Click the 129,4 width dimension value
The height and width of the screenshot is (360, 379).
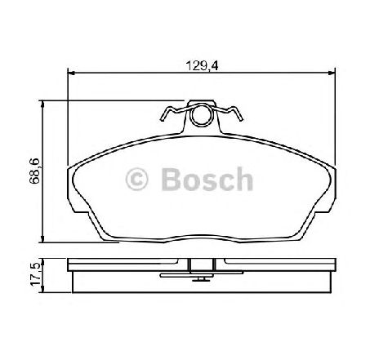(x=202, y=66)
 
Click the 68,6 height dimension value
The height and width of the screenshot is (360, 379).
(x=35, y=171)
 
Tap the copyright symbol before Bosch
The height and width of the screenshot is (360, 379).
(x=136, y=179)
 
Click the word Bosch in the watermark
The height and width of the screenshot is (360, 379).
(x=207, y=179)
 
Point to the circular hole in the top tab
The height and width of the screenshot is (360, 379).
(x=202, y=116)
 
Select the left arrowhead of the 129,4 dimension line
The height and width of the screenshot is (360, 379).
(x=71, y=73)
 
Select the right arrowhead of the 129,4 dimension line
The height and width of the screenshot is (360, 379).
(x=332, y=73)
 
